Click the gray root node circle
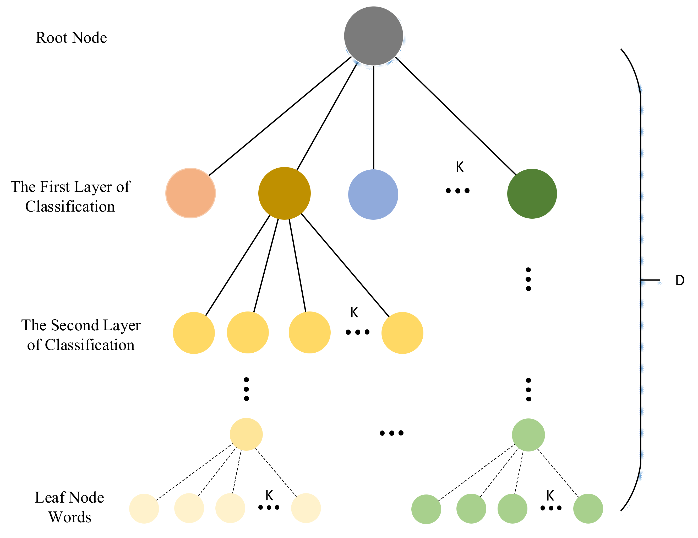click(x=373, y=36)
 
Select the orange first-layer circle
click(x=190, y=193)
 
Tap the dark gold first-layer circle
click(x=284, y=193)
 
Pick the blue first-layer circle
click(x=373, y=195)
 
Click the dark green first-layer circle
click(x=532, y=194)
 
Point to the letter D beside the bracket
click(x=680, y=281)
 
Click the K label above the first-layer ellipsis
click(x=460, y=167)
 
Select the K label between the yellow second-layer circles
click(x=354, y=313)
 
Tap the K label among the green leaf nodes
click(x=550, y=496)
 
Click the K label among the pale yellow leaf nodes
click(x=269, y=496)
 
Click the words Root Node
click(x=71, y=38)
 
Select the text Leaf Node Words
click(x=69, y=507)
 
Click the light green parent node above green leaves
click(x=528, y=435)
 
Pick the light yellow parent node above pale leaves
click(x=246, y=434)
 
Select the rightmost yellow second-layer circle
click(x=402, y=333)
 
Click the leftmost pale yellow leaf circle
click(x=144, y=509)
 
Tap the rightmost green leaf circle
click(x=588, y=509)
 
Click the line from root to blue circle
click(x=373, y=118)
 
